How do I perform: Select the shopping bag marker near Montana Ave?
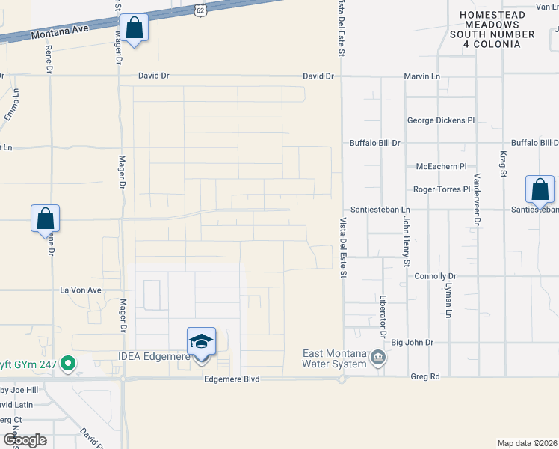[x=134, y=30]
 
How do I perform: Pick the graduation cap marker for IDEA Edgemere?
[x=201, y=343]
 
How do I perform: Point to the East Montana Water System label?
[x=335, y=358]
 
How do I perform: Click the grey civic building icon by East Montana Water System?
[x=378, y=358]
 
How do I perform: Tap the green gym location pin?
[x=69, y=364]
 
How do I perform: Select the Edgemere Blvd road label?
[x=231, y=379]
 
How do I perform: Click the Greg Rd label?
[x=424, y=376]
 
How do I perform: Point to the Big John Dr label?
[x=413, y=343]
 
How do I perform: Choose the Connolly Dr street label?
[x=435, y=276]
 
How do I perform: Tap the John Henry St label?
[x=407, y=241]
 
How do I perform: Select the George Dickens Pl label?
[x=440, y=120]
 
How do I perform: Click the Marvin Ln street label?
[x=422, y=76]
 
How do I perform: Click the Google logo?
[x=25, y=440]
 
